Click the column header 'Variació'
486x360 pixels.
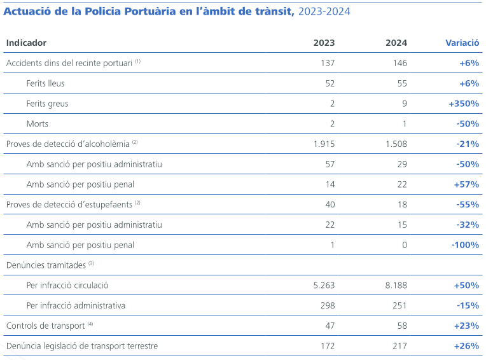[x=462, y=43]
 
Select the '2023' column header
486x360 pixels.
[x=324, y=43]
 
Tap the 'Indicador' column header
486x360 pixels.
[x=26, y=43]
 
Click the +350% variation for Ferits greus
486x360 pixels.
[x=463, y=104]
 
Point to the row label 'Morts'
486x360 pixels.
[x=38, y=123]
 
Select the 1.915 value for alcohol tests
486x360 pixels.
[x=324, y=144]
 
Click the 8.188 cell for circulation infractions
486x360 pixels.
[x=396, y=286]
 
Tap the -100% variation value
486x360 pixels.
[x=464, y=245]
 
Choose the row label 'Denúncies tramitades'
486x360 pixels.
[x=46, y=265]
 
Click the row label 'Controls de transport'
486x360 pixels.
[x=46, y=326]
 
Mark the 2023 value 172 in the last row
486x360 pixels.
[x=326, y=346]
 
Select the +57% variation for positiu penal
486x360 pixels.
[x=466, y=184]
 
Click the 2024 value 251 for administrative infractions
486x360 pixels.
[x=399, y=305]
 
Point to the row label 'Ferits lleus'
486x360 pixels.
[x=45, y=83]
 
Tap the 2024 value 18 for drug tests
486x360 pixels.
[x=401, y=204]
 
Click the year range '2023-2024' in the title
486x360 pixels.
[x=323, y=12]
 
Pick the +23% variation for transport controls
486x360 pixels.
[x=466, y=326]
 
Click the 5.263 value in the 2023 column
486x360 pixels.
[x=324, y=286]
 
